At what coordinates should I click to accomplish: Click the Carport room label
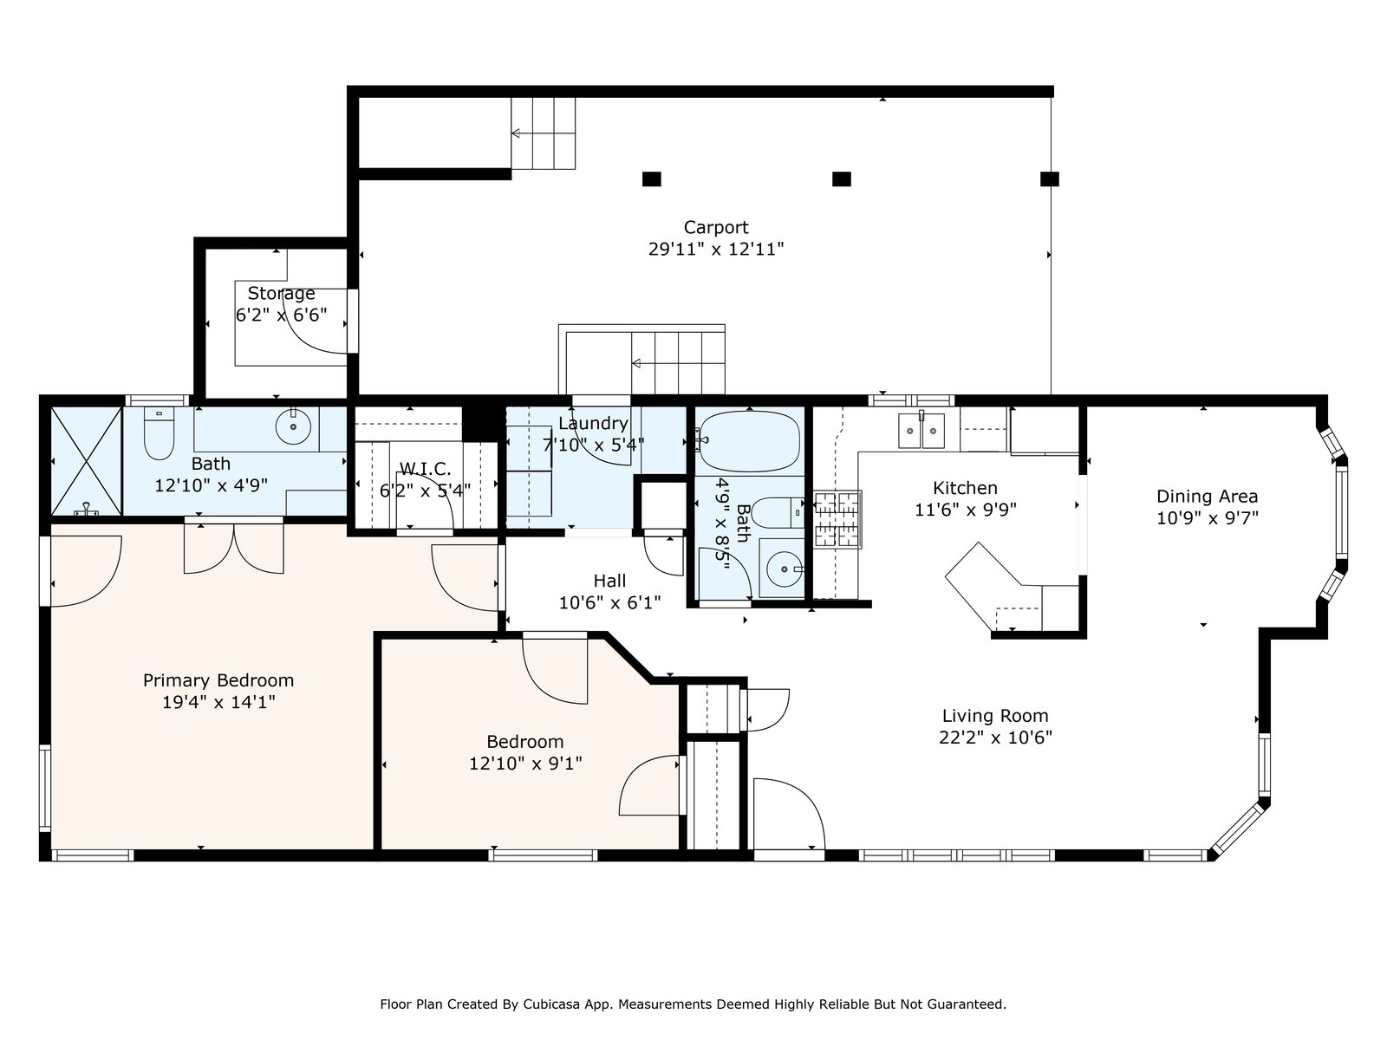(x=715, y=227)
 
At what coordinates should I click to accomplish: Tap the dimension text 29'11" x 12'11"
(x=715, y=250)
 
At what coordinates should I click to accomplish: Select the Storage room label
(x=281, y=294)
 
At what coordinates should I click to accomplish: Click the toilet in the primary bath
(x=159, y=433)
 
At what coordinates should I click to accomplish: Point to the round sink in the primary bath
(x=293, y=427)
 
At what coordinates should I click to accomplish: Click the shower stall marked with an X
(x=86, y=461)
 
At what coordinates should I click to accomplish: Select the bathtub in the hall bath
(x=750, y=441)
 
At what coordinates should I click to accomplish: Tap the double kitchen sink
(x=921, y=430)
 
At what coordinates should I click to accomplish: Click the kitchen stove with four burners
(x=837, y=519)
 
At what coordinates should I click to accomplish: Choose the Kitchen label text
(x=965, y=488)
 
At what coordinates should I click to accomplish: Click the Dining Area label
(x=1207, y=497)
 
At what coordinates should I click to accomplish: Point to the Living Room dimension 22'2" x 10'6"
(x=995, y=738)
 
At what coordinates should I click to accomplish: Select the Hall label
(x=609, y=581)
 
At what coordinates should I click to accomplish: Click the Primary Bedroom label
(x=218, y=680)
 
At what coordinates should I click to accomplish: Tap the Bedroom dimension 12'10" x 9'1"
(x=525, y=764)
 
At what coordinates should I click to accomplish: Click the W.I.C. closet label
(x=426, y=469)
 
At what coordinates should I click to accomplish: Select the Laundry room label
(x=593, y=424)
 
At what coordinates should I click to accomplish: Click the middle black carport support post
(x=841, y=179)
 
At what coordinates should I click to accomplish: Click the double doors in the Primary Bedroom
(x=234, y=547)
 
